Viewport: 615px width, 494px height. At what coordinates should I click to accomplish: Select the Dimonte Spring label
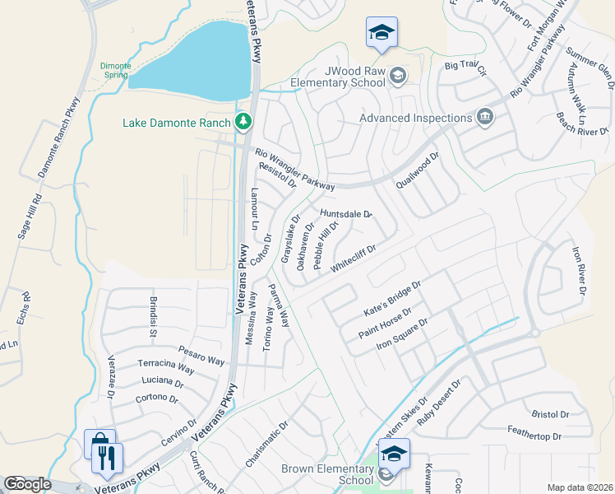(113, 70)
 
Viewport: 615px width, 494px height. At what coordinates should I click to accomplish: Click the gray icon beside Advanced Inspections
(484, 118)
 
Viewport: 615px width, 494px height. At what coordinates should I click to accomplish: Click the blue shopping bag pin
(99, 444)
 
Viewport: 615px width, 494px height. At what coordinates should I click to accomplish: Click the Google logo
(27, 484)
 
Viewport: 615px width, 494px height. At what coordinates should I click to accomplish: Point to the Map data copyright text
(580, 487)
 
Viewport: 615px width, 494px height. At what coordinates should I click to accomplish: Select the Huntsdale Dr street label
(347, 213)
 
